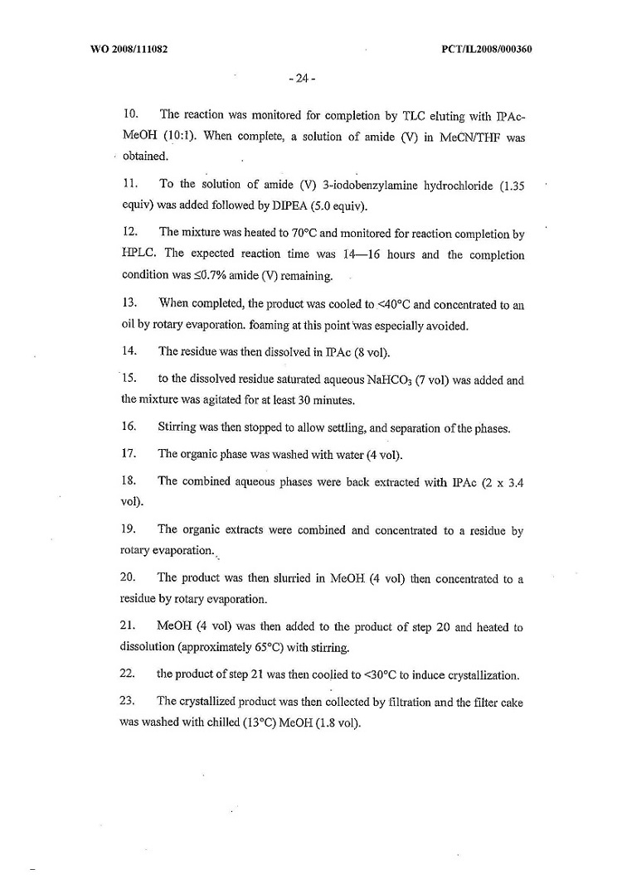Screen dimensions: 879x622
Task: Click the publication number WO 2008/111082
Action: click(129, 49)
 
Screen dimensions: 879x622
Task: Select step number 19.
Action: click(128, 530)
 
